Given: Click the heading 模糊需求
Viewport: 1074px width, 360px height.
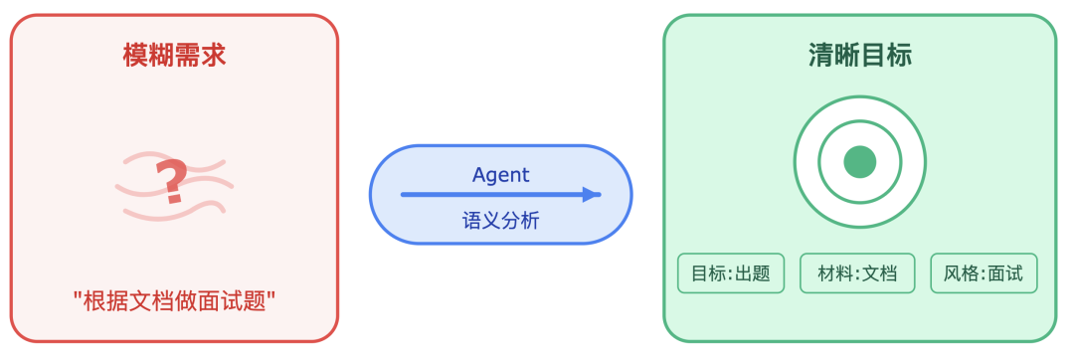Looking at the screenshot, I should pyautogui.click(x=174, y=55).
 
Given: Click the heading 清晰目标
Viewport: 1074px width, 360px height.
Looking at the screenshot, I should pyautogui.click(x=859, y=55).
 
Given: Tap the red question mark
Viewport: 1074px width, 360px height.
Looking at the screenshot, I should pyautogui.click(x=173, y=182).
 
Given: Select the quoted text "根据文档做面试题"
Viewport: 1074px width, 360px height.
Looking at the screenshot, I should pyautogui.click(x=174, y=300).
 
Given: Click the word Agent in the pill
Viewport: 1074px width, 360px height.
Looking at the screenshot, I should pyautogui.click(x=500, y=175).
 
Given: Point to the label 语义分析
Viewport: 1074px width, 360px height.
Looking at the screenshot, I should pyautogui.click(x=500, y=220).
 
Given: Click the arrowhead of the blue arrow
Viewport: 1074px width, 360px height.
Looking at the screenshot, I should pyautogui.click(x=592, y=195).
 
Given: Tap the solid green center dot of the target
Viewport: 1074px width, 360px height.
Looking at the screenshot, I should pyautogui.click(x=859, y=162).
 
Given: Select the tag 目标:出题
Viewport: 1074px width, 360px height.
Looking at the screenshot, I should pyautogui.click(x=731, y=273).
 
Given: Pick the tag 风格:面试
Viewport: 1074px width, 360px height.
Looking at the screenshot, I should pyautogui.click(x=984, y=273).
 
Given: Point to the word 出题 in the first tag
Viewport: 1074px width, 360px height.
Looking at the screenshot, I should pyautogui.click(x=753, y=273).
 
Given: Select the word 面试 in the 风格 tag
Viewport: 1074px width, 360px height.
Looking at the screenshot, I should pyautogui.click(x=1005, y=273).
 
